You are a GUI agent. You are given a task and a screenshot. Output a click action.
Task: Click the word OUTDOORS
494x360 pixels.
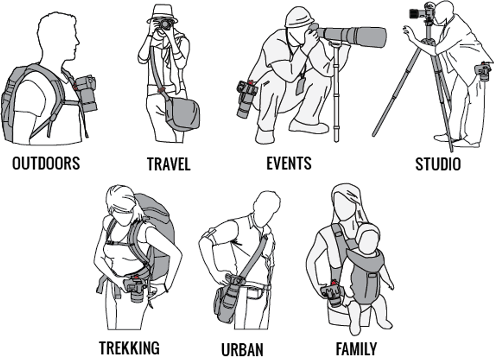[x=46, y=163]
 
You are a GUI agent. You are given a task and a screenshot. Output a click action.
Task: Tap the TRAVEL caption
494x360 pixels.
[x=169, y=164]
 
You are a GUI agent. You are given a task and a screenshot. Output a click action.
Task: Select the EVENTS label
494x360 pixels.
[x=289, y=163]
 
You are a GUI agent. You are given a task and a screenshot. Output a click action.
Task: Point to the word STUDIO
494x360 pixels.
[x=438, y=164]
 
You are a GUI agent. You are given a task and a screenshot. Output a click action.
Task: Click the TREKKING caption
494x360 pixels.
[x=129, y=348]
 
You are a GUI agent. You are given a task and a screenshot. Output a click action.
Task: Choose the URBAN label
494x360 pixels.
[x=242, y=349]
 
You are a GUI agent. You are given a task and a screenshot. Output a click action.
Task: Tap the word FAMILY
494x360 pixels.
[x=356, y=349]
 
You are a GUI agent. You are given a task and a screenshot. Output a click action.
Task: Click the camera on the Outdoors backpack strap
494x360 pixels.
[x=86, y=94]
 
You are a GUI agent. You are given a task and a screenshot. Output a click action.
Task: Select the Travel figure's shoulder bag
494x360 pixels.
[x=182, y=114]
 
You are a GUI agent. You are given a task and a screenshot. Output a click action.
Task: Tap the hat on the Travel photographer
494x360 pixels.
[x=162, y=14]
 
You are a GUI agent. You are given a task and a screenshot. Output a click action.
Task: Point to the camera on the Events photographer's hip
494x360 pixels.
[x=246, y=99]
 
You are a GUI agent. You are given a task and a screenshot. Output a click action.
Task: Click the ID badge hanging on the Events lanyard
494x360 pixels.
[x=300, y=86]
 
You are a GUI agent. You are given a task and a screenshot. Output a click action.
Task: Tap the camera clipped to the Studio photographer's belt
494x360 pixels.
[x=483, y=72]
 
